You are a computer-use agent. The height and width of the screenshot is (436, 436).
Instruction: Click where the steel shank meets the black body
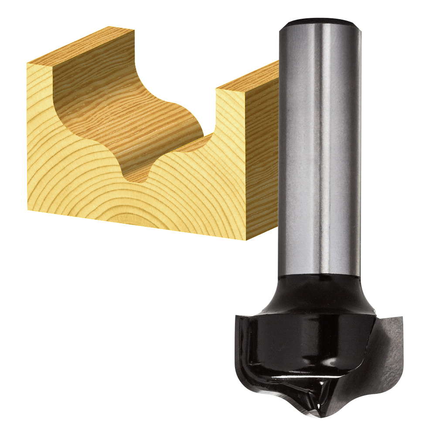point(319,276)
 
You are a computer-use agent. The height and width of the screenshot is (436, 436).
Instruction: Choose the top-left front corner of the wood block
point(27,64)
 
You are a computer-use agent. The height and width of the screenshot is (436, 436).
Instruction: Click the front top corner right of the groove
point(216,89)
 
